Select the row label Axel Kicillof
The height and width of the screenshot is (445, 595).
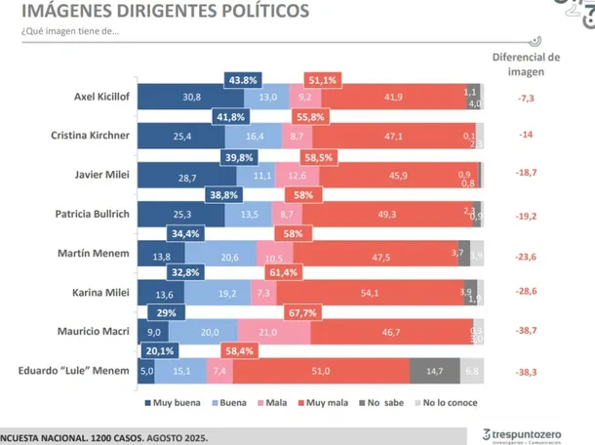click(x=101, y=98)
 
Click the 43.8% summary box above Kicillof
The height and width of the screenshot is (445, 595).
click(x=243, y=80)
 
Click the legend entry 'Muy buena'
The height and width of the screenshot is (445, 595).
click(x=172, y=401)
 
